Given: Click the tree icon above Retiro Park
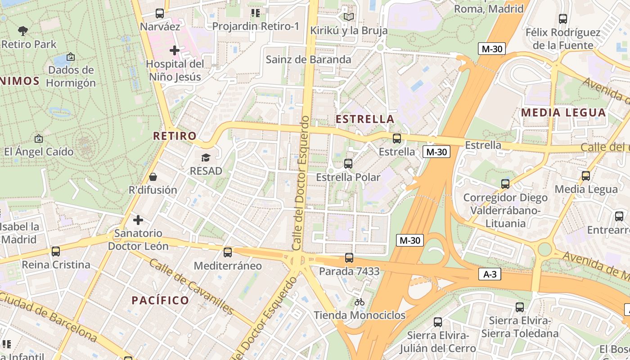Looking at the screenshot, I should click(x=23, y=31).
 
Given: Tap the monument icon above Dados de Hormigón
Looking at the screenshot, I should click(x=70, y=57).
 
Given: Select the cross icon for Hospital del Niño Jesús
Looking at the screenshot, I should click(x=175, y=50).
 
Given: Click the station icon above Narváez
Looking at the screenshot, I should click(x=159, y=13).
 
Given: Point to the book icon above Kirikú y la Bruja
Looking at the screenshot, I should click(x=348, y=17).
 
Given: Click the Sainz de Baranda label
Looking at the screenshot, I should click(x=308, y=59).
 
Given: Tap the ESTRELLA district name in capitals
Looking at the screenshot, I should click(x=365, y=119).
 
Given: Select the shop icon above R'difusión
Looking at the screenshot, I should click(x=153, y=177).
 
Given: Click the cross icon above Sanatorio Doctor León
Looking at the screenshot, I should click(x=138, y=220).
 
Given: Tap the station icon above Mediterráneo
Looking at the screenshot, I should click(x=228, y=252).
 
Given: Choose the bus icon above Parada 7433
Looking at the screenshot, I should click(x=349, y=258).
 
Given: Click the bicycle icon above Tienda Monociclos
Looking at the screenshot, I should click(x=359, y=302).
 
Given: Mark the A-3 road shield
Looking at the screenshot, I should click(x=489, y=274).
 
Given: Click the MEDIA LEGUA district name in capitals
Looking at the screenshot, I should click(x=563, y=112).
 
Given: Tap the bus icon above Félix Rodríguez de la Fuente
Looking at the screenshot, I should click(x=563, y=19).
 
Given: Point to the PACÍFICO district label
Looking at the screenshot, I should click(x=160, y=300).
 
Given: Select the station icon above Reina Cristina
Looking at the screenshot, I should click(x=56, y=252).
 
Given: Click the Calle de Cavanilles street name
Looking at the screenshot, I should click(x=192, y=287).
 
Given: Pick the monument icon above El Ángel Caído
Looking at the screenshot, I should click(x=39, y=139).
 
